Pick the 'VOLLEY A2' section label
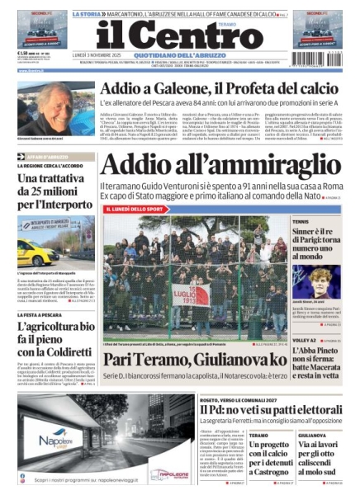coord(303,340)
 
